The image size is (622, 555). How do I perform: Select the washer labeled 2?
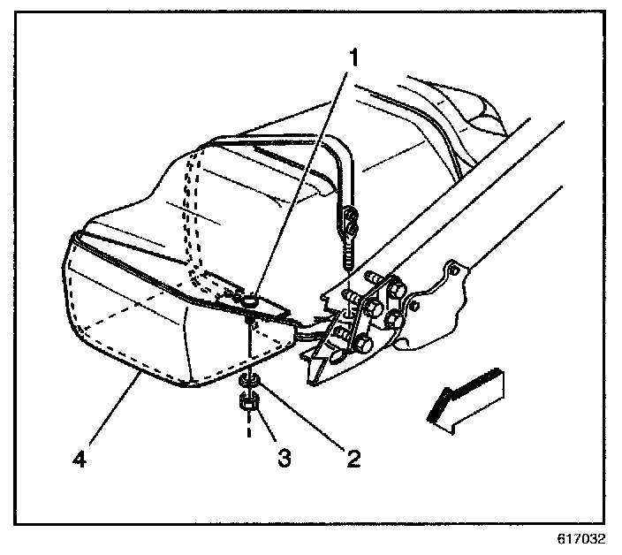coord(247,380)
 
